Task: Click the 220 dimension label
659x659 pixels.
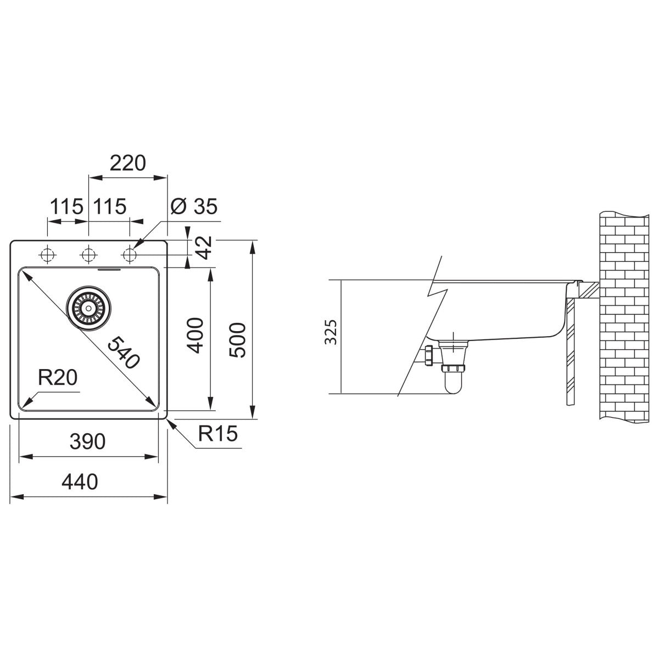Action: (x=127, y=164)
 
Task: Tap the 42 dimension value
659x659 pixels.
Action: (x=204, y=248)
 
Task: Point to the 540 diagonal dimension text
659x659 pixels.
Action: (x=124, y=353)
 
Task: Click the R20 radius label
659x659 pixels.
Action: (x=58, y=377)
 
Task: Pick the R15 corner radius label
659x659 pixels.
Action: (x=218, y=434)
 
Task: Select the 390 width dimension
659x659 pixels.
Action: (x=87, y=442)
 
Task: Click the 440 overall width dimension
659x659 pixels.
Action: (x=80, y=482)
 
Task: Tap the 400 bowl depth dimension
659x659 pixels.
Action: (x=196, y=336)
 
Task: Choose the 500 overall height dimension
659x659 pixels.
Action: (x=238, y=340)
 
